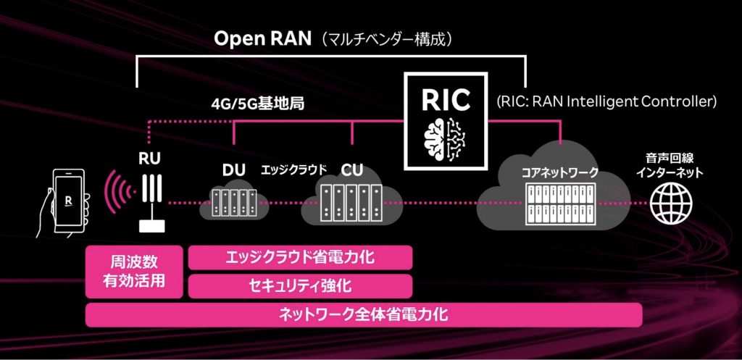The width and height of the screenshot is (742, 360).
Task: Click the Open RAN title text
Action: click(x=258, y=39)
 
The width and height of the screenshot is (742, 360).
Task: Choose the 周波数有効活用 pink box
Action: click(x=134, y=271)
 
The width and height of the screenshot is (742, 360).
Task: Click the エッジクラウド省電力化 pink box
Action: click(x=300, y=257)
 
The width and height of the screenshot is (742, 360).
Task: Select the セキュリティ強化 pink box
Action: click(x=300, y=285)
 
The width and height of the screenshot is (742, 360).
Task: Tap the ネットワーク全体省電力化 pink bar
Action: click(x=364, y=314)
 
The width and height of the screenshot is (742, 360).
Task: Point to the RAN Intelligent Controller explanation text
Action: click(x=606, y=101)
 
